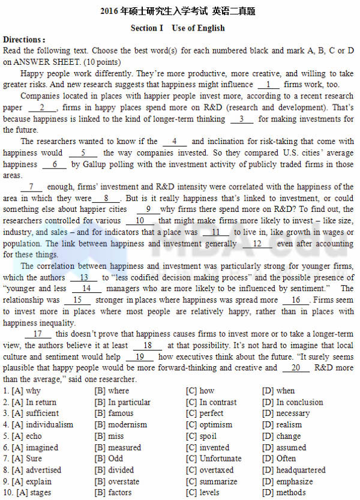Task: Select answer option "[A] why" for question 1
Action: (26, 391)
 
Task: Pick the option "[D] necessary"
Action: (286, 414)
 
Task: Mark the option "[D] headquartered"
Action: (294, 470)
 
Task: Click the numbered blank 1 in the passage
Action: (268, 85)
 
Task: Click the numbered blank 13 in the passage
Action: (84, 278)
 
